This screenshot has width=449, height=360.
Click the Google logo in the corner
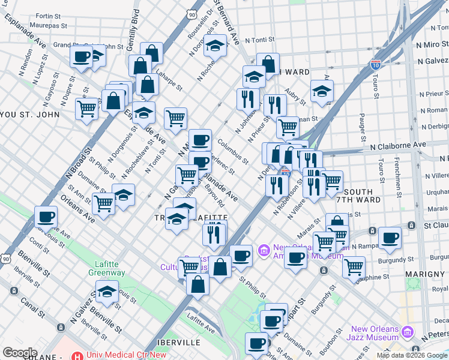20,353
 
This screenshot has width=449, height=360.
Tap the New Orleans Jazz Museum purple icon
408,332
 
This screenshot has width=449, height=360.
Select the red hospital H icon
77,355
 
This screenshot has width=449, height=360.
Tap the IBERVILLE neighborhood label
178,342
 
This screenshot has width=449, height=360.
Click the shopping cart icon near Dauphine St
354,266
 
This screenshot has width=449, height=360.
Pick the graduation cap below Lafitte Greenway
107,292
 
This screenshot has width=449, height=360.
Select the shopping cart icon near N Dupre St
87,109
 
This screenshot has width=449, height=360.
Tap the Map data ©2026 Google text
412,355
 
